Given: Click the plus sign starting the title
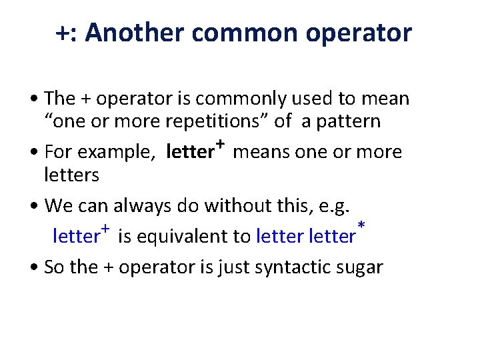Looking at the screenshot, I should [62, 33].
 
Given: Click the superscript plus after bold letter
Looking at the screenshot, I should [220, 145].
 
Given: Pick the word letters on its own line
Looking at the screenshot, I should [71, 175].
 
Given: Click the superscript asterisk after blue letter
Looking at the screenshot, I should [361, 228].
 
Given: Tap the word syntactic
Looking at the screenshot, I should [295, 267].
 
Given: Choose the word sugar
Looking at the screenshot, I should [361, 268].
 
